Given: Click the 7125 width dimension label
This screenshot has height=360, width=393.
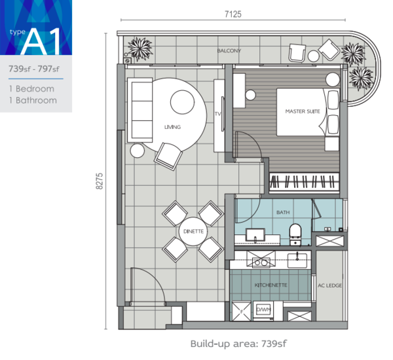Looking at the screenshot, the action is point(233,14).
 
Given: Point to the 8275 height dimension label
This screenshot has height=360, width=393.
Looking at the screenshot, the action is point(100,181).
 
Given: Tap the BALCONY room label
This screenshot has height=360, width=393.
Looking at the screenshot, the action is point(229,50).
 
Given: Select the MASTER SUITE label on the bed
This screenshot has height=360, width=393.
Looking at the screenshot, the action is point(303,111).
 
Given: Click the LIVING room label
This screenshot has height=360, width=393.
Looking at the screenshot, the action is point(172,127).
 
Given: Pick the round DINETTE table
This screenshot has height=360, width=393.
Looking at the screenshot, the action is point(193,231).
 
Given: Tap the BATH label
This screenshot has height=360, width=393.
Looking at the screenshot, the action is point(283,213).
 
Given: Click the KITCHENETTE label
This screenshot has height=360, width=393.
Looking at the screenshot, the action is point(271,285).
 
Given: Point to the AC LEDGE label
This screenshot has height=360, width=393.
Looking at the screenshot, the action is point(329,285).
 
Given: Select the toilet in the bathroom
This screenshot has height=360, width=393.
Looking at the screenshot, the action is point(295,234).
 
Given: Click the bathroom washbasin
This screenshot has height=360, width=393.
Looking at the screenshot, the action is point(255,236).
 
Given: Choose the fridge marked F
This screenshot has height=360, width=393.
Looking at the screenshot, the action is point(241,312).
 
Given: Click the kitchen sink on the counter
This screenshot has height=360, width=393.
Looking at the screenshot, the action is point(297,261).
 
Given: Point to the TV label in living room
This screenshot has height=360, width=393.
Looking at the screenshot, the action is point(217,114).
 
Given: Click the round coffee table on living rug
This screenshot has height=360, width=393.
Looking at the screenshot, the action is point(182,102).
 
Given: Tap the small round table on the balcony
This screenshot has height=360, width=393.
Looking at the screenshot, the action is point(313,56).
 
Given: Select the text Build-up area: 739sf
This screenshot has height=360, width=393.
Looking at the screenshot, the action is point(238,344).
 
